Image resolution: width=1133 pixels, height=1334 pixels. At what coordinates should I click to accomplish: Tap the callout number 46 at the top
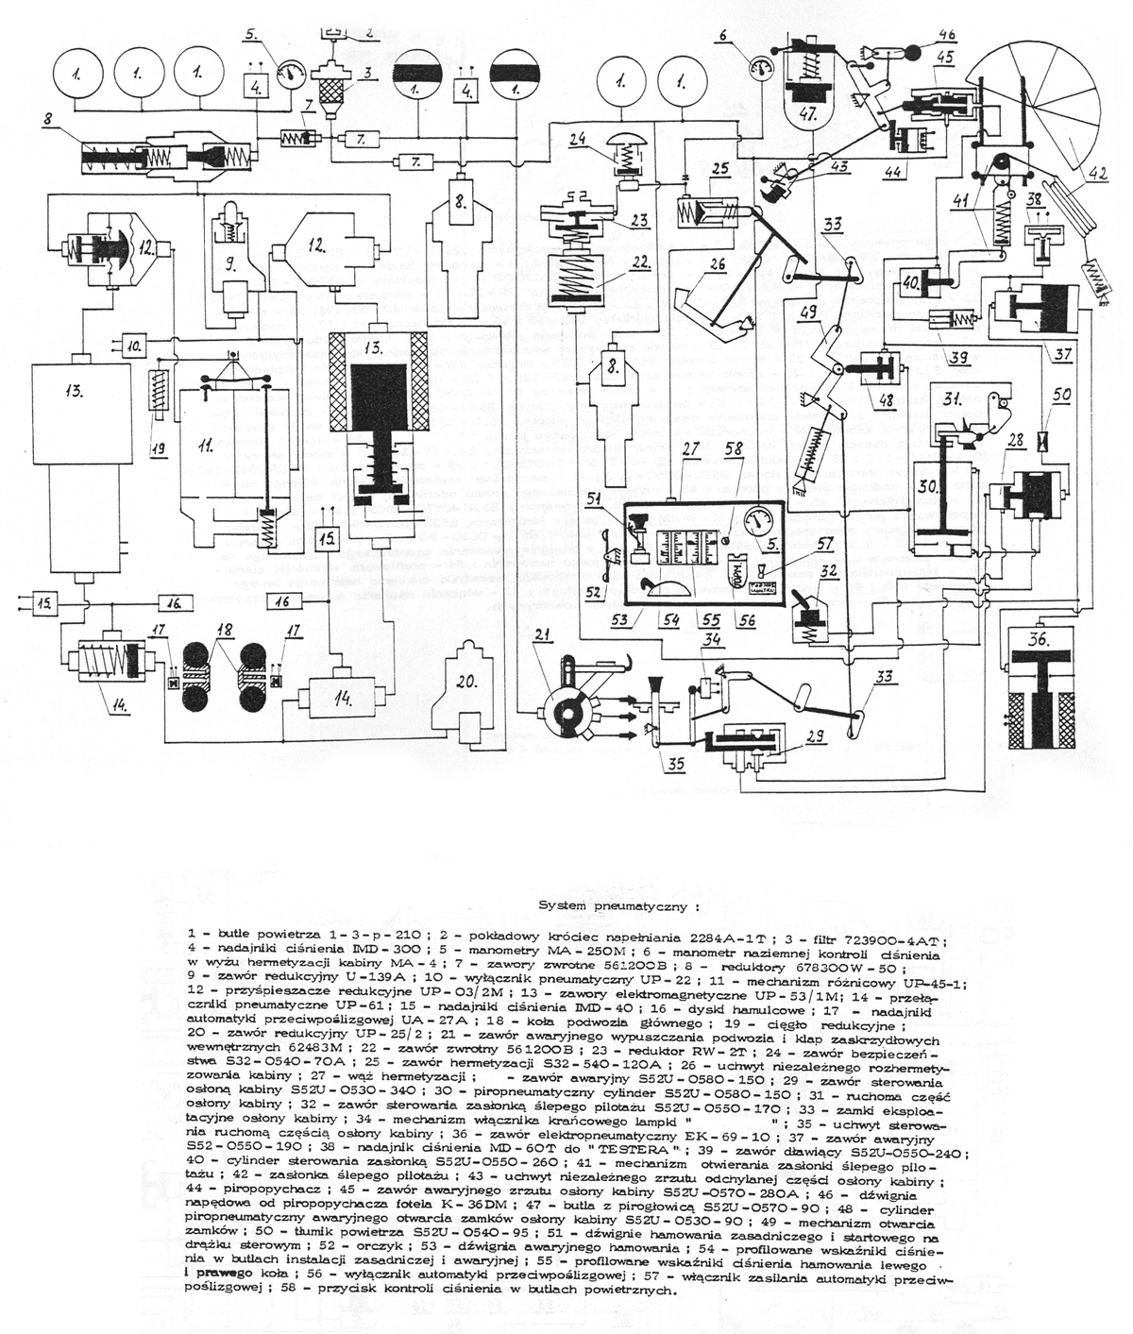pyautogui.click(x=945, y=35)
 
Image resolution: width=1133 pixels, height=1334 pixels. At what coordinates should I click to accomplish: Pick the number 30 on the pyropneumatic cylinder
pyautogui.click(x=931, y=486)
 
